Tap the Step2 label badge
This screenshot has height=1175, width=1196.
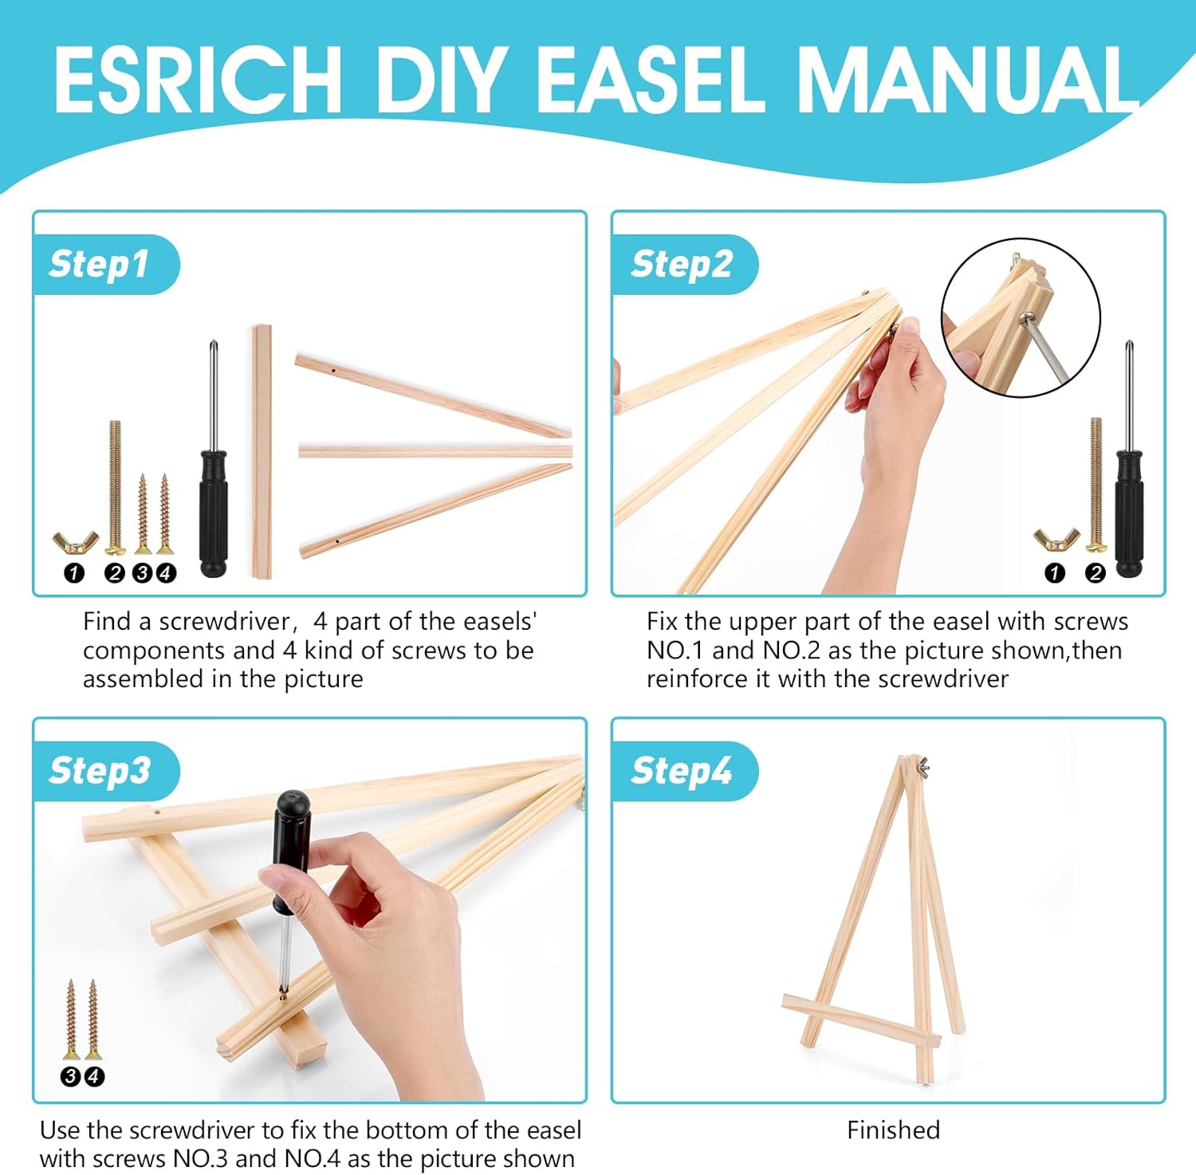pos(684,265)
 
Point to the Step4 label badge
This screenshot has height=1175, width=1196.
pos(684,771)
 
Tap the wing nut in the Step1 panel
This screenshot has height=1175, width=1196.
pos(75,542)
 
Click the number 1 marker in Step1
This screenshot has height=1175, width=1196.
pos(74,572)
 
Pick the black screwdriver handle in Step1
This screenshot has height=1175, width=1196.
pos(213,513)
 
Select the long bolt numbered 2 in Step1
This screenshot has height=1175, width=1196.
pos(115,487)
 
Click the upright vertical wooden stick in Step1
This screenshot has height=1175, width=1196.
pos(262,451)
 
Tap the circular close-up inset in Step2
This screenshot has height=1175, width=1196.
pos(1021,317)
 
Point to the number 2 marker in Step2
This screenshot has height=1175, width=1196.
pos(1096,572)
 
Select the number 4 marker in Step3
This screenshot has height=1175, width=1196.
pos(94,1077)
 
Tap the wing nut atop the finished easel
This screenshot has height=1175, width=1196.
pos(923,767)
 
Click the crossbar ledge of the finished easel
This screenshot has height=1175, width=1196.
pos(861,1020)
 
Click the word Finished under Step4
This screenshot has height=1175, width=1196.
pos(893,1130)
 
